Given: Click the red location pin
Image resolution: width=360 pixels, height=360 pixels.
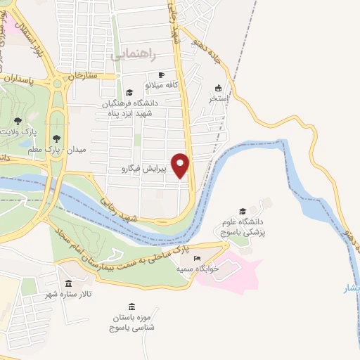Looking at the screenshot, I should (181, 165).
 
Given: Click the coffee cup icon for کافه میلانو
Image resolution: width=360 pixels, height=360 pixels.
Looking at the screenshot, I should (161, 75).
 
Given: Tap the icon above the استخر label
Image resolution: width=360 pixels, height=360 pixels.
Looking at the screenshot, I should (218, 88).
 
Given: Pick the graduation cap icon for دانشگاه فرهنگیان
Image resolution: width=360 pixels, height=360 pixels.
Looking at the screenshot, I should (129, 92).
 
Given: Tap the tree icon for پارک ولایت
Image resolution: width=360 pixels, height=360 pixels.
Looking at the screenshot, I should (18, 121).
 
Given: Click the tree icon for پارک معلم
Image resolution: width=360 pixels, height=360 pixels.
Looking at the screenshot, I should (56, 139).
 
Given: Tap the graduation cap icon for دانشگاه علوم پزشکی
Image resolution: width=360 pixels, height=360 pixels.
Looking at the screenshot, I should (243, 211).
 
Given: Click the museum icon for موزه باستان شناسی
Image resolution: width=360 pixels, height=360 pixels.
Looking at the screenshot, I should (132, 307).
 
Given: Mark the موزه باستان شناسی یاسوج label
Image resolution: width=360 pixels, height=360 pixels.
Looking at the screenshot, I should (136, 323).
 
